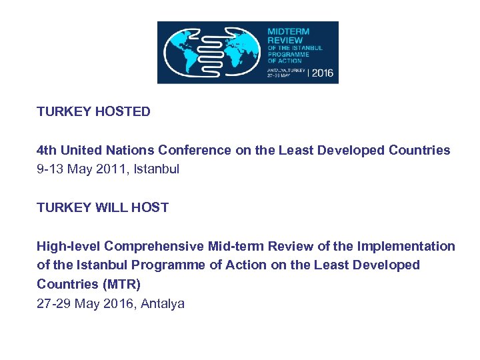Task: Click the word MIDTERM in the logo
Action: click(x=288, y=31)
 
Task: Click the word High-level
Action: click(x=68, y=247)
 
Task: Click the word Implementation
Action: click(x=406, y=247)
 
